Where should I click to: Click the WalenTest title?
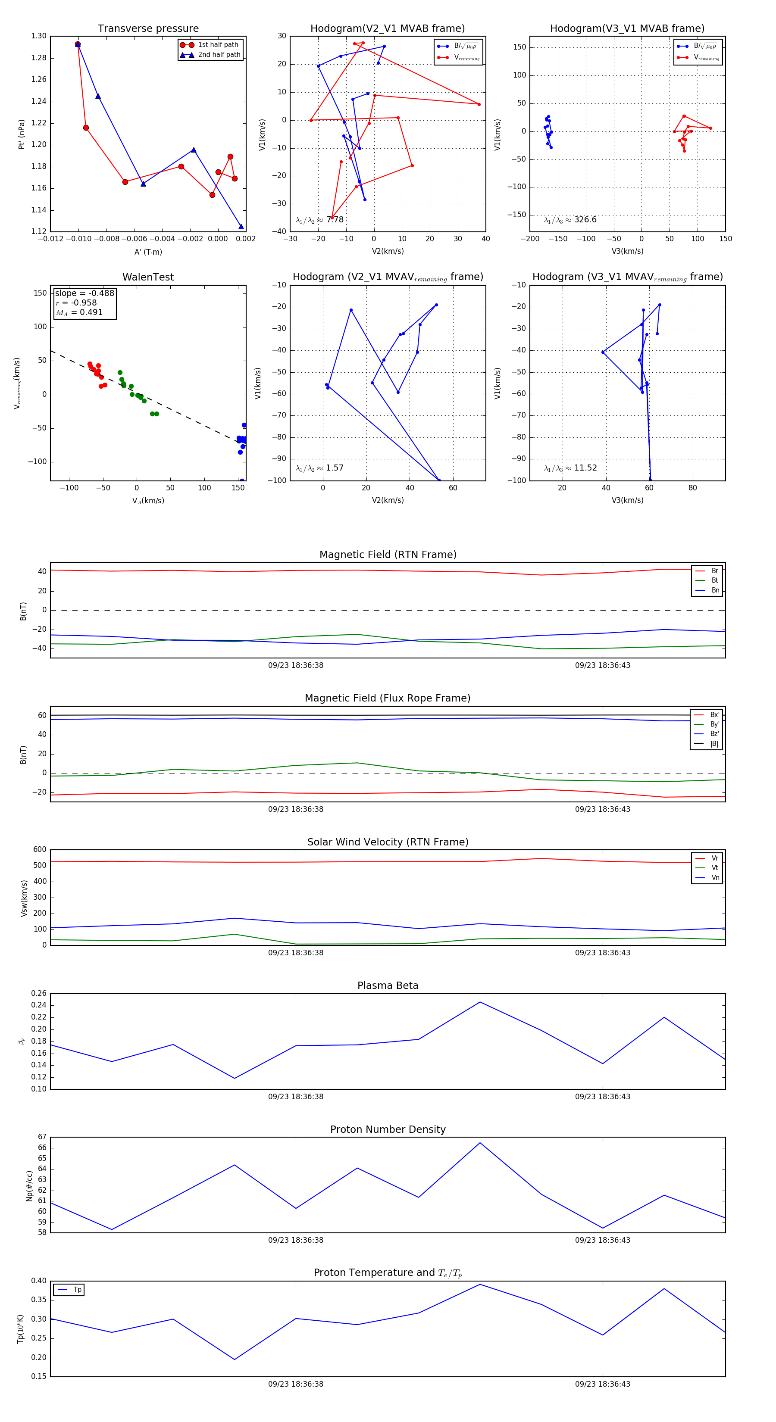pos(148,277)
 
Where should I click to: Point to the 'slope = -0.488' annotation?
pos(84,293)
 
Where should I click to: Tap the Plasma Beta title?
pos(388,986)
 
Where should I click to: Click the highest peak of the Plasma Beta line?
pos(480,1002)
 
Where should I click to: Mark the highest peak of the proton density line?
pos(480,1143)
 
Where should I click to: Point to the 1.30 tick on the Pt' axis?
pos(39,36)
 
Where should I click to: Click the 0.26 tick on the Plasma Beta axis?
pos(39,993)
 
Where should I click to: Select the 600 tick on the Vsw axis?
pos(40,850)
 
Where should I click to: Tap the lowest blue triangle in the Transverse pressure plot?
pos(241,226)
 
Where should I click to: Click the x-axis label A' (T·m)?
pos(148,252)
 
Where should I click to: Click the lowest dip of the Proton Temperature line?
pos(235,1359)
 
